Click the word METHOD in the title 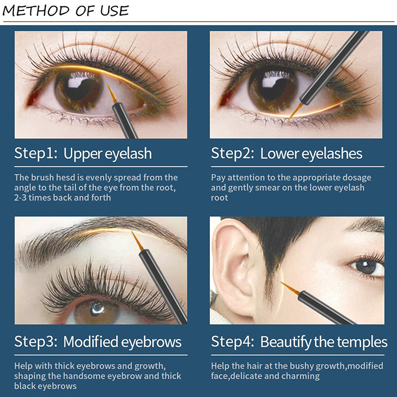36,11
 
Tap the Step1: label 36,153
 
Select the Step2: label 233,153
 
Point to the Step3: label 36,341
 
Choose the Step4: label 233,341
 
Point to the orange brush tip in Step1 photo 111,93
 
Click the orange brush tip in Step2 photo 295,111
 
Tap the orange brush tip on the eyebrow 137,241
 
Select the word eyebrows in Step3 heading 151,342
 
